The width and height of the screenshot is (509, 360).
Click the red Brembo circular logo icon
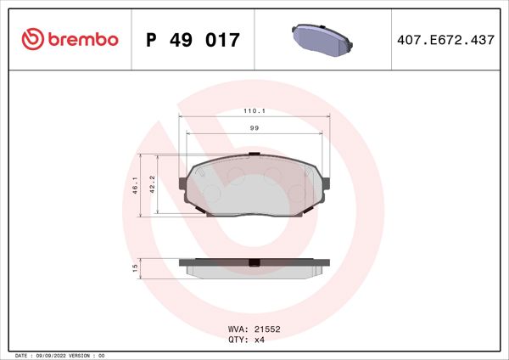[x=31, y=39]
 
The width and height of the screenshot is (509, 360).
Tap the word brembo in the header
[x=82, y=39]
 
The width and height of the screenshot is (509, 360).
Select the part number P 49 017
[x=193, y=40]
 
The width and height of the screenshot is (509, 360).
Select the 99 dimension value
[x=254, y=127]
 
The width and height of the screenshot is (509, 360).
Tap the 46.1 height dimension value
[x=135, y=187]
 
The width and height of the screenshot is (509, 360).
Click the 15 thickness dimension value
[x=135, y=267]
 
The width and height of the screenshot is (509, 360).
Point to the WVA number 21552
[x=267, y=327]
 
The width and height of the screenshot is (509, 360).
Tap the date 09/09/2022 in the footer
[x=56, y=355]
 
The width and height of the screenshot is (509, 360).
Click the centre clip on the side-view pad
[x=253, y=262]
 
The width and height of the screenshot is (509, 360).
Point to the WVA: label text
[x=239, y=327]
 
